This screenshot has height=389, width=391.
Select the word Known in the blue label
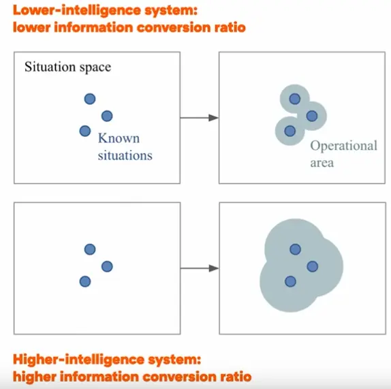pyautogui.click(x=119, y=138)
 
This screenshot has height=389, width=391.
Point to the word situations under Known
pyautogui.click(x=125, y=155)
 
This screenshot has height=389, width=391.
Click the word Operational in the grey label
pyautogui.click(x=343, y=146)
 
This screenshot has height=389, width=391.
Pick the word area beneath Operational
pyautogui.click(x=322, y=163)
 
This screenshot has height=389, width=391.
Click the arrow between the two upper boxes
pyautogui.click(x=199, y=118)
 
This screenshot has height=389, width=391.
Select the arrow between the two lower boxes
pyautogui.click(x=200, y=268)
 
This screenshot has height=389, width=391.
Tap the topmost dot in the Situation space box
pyautogui.click(x=90, y=99)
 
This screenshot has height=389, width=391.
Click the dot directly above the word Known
pyautogui.click(x=107, y=116)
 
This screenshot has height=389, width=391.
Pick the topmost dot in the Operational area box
pyautogui.click(x=295, y=99)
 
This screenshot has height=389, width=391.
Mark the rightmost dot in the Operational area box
pyautogui.click(x=312, y=116)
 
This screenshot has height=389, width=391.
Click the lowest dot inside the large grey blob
pyautogui.click(x=290, y=281)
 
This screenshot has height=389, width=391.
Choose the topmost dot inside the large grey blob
pyautogui.click(x=295, y=249)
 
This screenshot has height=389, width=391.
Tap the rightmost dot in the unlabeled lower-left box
pyautogui.click(x=107, y=266)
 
